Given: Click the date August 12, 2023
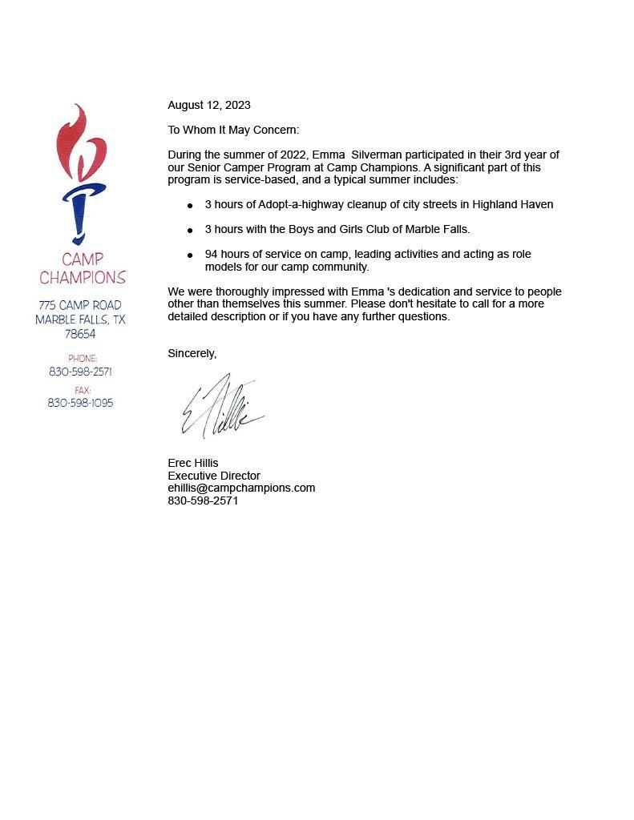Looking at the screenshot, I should point(208,105).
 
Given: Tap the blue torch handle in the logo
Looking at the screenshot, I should point(79,212).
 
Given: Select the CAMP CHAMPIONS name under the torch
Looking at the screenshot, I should point(83,269).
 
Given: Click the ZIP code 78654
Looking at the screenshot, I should point(80,334).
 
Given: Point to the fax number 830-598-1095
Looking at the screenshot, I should point(80,403).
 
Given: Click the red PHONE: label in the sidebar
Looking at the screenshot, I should point(83,359).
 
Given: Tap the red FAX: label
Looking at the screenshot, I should point(83,390).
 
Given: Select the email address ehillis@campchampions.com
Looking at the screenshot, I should point(241,488).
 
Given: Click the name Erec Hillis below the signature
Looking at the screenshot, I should point(192,463).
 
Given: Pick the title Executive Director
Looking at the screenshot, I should point(214,476).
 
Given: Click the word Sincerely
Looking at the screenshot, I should point(192,353).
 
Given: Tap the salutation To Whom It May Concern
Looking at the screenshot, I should point(232,130).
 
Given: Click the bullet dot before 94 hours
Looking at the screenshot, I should point(190,255).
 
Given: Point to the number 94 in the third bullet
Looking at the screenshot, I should point(212,254).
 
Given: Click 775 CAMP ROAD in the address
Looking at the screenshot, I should point(80,305).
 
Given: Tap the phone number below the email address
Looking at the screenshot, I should point(203,500).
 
